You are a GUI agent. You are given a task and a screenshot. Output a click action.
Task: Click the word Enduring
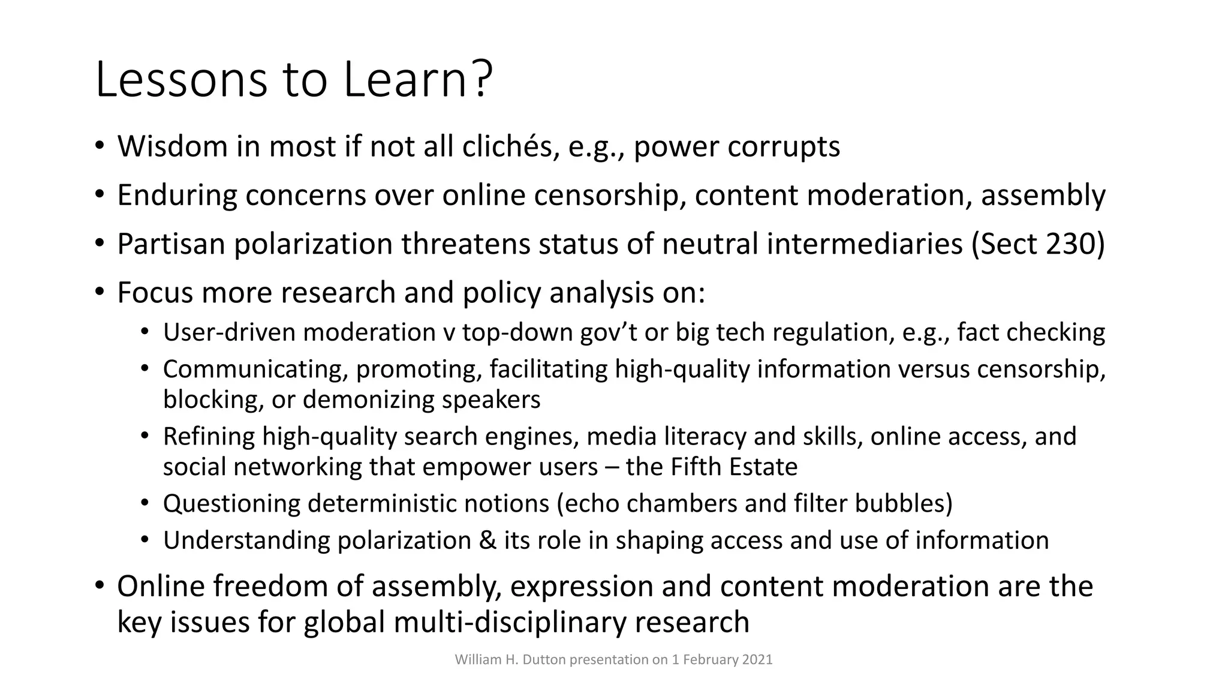[x=177, y=196]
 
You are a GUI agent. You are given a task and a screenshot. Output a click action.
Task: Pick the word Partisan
[x=171, y=244]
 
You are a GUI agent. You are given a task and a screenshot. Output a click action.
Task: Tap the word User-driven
[x=228, y=332]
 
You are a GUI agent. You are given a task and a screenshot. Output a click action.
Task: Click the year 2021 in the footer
[x=757, y=660]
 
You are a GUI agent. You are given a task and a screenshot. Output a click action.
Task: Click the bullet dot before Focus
[x=100, y=293]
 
